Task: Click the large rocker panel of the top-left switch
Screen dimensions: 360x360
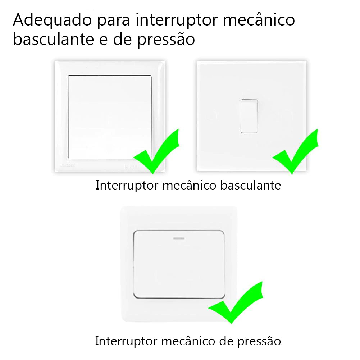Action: point(110,117)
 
